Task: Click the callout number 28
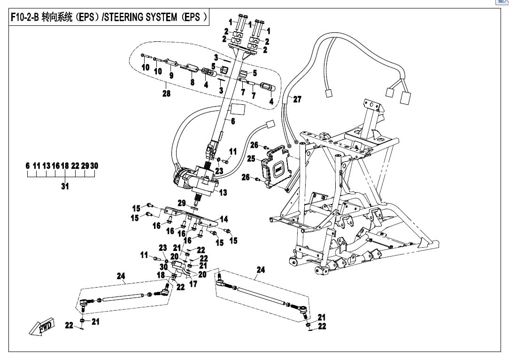pyautogui.click(x=166, y=94)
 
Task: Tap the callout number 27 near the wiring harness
pyautogui.click(x=297, y=99)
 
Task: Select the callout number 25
pyautogui.click(x=251, y=159)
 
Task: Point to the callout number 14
pyautogui.click(x=224, y=219)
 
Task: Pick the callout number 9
pyautogui.click(x=171, y=75)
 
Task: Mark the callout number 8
pyautogui.click(x=192, y=81)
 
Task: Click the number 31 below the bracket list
pyautogui.click(x=65, y=187)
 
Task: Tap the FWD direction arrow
pyautogui.click(x=41, y=326)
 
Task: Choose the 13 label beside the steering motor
pyautogui.click(x=222, y=192)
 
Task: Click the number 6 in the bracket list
pyautogui.click(x=28, y=166)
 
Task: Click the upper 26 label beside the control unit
pyautogui.click(x=254, y=144)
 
